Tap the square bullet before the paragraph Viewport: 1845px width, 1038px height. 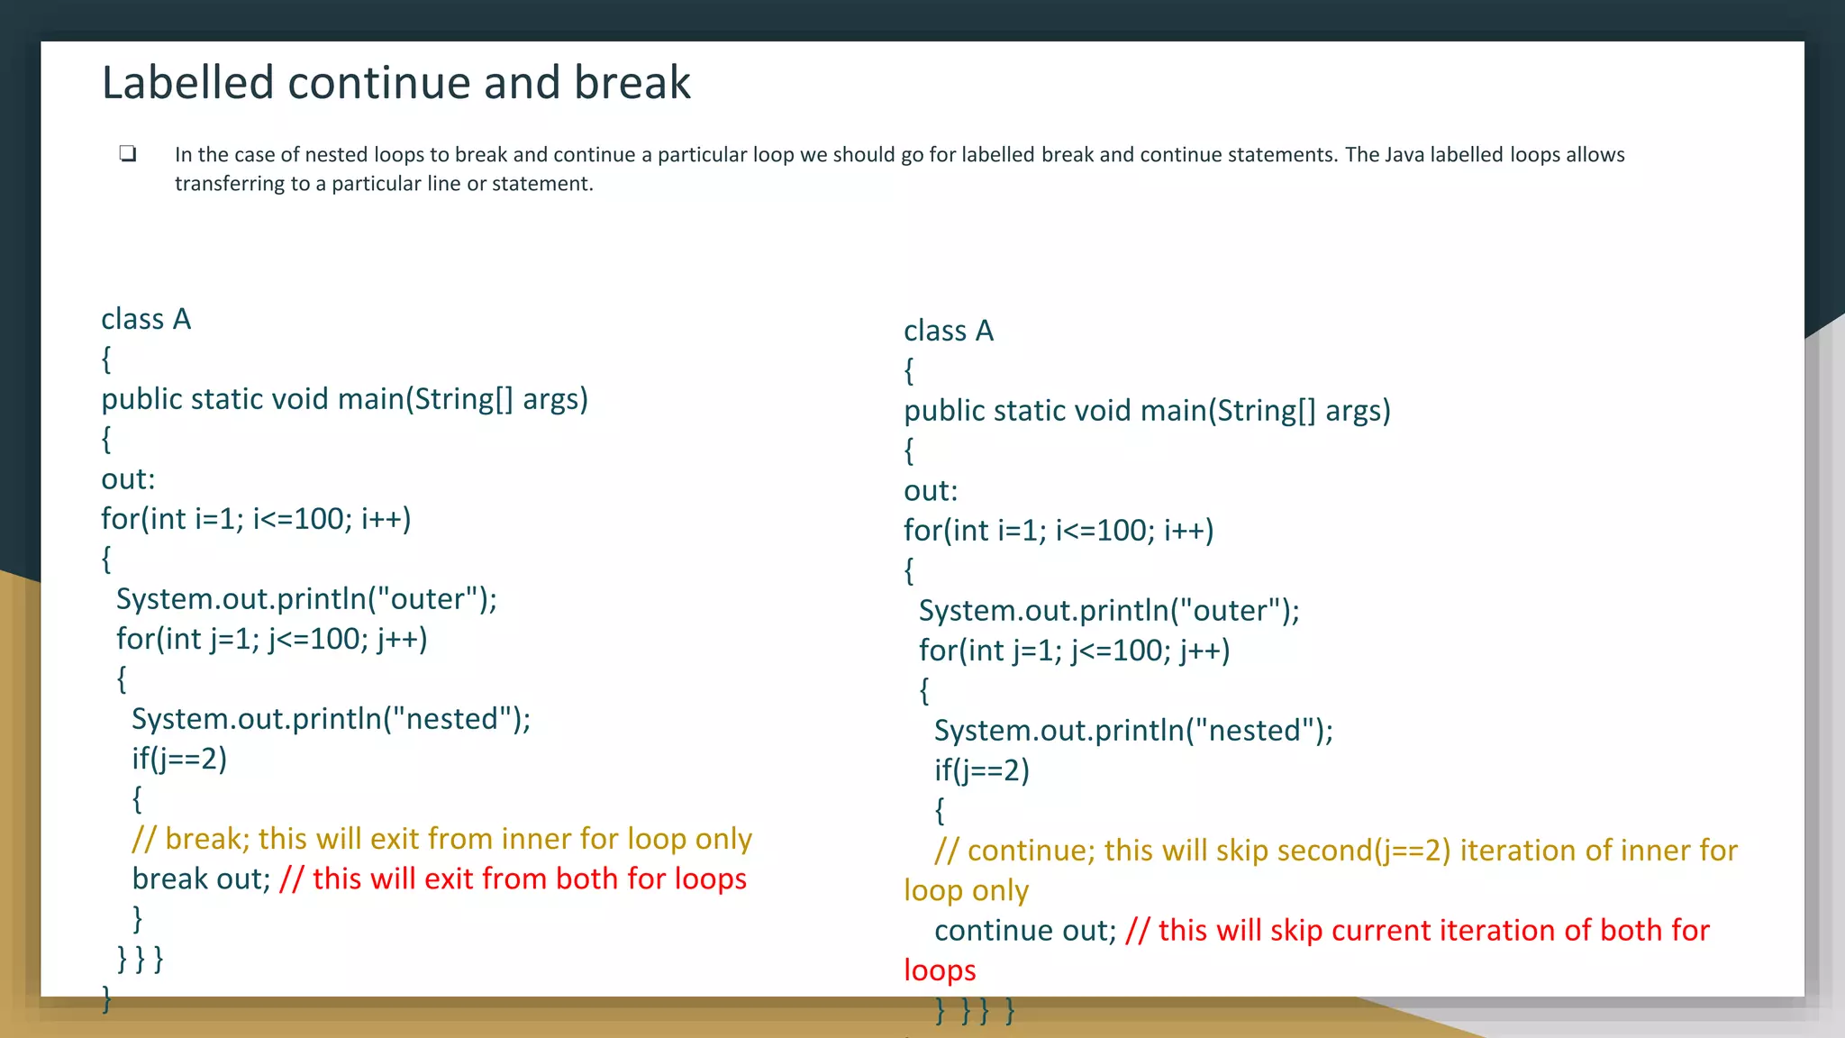(128, 153)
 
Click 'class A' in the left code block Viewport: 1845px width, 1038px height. (146, 319)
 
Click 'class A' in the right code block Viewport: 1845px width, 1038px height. (949, 331)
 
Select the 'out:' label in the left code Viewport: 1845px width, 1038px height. (128, 479)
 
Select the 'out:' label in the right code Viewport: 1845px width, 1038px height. (931, 491)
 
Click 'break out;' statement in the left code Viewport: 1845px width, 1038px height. (201, 879)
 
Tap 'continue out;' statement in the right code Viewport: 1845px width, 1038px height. (1025, 930)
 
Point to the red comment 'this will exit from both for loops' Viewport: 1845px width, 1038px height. (514, 879)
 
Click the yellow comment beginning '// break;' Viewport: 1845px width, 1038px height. (441, 839)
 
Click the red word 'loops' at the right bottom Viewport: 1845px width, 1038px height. (940, 970)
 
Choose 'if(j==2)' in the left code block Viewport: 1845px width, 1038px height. (179, 759)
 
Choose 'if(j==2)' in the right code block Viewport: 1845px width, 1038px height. (981, 770)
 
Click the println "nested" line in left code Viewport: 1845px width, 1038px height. (331, 719)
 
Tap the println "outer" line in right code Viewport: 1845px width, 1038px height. (1108, 611)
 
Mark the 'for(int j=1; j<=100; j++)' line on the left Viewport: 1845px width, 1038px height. (271, 639)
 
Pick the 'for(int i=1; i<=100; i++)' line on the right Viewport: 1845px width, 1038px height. (1059, 531)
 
